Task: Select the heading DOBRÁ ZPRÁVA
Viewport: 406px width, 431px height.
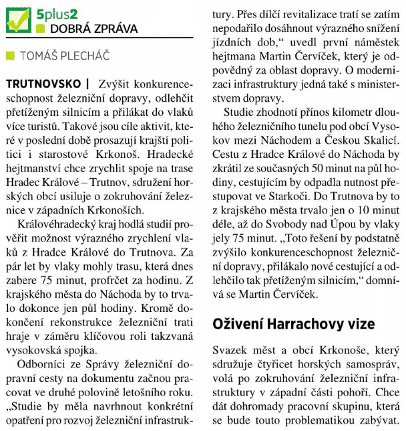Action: pos(93,29)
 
